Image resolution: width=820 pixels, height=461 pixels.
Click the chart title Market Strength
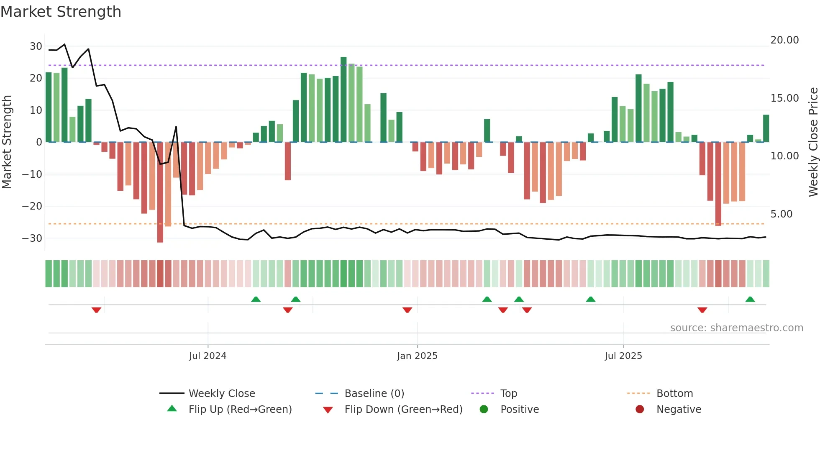pos(61,12)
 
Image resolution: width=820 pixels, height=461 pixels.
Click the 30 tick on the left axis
pos(36,46)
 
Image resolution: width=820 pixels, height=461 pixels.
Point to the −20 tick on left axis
pos(32,206)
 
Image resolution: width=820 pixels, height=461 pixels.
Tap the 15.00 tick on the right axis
pos(784,98)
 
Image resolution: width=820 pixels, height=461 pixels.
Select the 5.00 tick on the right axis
pos(781,214)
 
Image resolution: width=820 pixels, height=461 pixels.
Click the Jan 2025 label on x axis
pos(417,356)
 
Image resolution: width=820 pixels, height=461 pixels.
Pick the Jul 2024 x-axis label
pos(208,356)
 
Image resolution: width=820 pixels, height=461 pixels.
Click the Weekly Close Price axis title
pos(813,142)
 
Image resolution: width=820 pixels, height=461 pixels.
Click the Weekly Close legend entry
pos(222,394)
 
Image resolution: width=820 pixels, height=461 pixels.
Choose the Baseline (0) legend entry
pos(374,394)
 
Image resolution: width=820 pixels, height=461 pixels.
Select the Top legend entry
pos(509,394)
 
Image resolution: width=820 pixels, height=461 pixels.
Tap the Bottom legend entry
pos(674,394)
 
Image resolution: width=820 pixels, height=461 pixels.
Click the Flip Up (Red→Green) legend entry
pos(240,410)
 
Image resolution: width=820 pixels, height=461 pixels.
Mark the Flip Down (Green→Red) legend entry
pos(403,410)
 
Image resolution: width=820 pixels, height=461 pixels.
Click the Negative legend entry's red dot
pos(640,410)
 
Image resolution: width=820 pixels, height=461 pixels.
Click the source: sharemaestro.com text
pos(736,328)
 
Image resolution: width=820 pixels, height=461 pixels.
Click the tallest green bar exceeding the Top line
pos(343,100)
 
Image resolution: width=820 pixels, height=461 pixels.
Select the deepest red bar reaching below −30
pos(160,192)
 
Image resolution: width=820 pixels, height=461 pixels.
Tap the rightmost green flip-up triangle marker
pos(750,299)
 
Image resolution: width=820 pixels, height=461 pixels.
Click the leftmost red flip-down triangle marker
pos(96,310)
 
